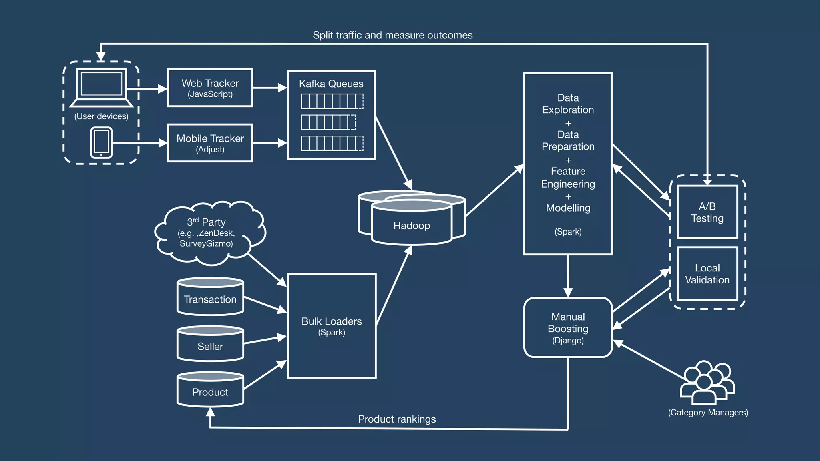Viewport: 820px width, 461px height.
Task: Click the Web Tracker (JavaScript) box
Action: (210, 88)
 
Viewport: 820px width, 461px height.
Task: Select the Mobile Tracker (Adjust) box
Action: (210, 143)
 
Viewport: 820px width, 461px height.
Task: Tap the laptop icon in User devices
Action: (101, 88)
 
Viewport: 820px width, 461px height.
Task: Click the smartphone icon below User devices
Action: (101, 143)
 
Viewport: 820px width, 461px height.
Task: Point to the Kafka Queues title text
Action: (331, 84)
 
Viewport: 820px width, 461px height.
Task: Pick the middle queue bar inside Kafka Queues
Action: (328, 122)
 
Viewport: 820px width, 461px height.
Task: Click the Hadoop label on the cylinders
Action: (412, 226)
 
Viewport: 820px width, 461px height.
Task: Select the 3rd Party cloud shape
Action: (210, 233)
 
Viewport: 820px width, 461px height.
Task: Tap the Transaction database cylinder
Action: (210, 296)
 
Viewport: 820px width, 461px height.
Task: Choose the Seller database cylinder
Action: (210, 344)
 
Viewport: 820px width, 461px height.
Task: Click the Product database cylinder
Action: (210, 389)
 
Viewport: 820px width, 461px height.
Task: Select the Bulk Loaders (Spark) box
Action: (332, 326)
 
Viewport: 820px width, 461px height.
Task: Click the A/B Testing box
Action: (707, 212)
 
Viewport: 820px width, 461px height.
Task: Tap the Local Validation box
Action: (707, 274)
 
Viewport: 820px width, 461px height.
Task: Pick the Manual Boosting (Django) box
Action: (568, 327)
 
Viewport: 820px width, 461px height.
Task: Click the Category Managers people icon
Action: (707, 383)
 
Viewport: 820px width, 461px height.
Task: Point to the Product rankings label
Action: (397, 419)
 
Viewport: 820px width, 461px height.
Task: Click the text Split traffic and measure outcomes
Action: (393, 35)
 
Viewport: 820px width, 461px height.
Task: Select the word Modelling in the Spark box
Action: (568, 208)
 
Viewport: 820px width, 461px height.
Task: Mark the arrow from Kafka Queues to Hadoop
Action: (393, 152)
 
